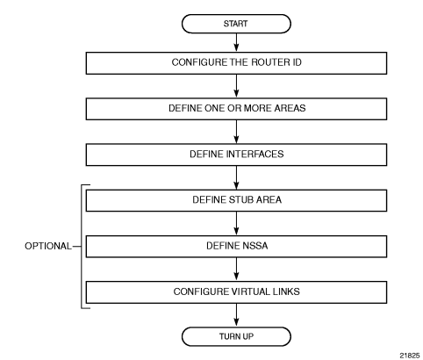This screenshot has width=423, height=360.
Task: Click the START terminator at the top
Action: click(236, 24)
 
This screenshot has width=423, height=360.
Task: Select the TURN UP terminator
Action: click(236, 336)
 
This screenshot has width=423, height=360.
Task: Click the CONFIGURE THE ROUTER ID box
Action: click(236, 63)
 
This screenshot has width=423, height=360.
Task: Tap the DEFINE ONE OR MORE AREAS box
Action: click(236, 109)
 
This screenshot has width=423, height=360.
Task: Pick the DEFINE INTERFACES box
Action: click(236, 155)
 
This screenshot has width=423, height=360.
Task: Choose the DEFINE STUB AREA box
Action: click(236, 200)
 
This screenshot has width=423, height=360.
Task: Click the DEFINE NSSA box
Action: click(236, 247)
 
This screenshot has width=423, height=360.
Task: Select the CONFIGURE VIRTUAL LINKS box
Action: click(236, 292)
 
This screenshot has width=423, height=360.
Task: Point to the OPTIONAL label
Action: click(48, 246)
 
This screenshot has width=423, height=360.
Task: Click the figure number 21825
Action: click(410, 356)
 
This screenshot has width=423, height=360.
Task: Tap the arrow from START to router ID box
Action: click(236, 43)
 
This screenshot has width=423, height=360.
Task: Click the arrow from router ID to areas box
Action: click(236, 86)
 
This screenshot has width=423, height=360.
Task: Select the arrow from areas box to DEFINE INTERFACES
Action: click(236, 132)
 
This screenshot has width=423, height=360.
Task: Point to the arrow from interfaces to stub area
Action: click(236, 177)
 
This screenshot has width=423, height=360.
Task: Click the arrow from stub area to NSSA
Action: click(236, 223)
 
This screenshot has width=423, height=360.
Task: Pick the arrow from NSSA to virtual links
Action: click(236, 270)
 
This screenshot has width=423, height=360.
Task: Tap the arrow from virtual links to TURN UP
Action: click(236, 315)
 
